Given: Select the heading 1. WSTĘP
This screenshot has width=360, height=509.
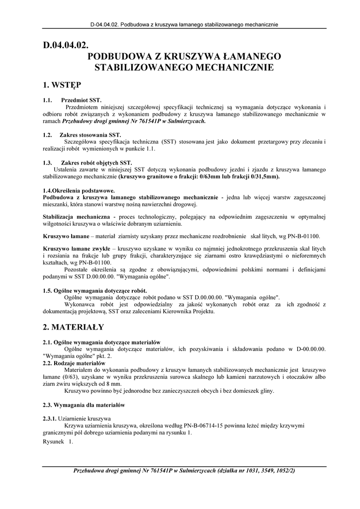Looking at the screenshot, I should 62,85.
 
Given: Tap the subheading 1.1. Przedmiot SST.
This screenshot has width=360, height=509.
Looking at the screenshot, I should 72,100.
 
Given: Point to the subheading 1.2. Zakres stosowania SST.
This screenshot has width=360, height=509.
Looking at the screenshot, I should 82,135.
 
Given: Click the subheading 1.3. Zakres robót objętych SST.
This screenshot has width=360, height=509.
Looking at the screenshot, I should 88,163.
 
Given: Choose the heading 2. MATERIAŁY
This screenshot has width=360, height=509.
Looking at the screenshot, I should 74,327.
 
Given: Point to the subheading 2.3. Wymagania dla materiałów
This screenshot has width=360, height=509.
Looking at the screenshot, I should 84,405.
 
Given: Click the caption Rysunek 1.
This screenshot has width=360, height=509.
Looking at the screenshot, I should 58,441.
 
